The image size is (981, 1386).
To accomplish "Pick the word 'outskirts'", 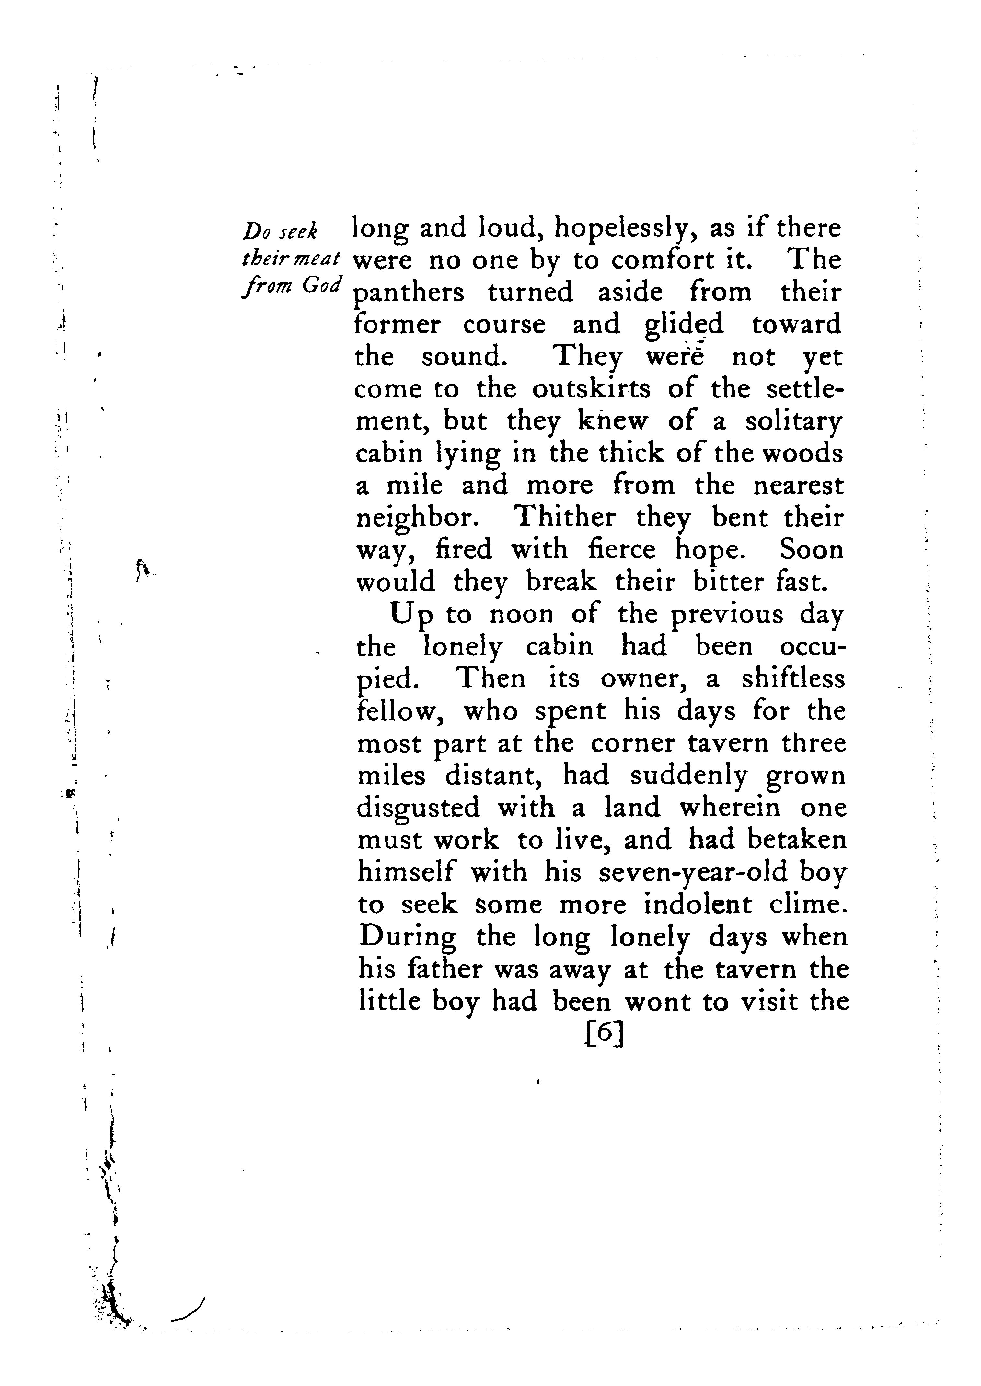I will [591, 389].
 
